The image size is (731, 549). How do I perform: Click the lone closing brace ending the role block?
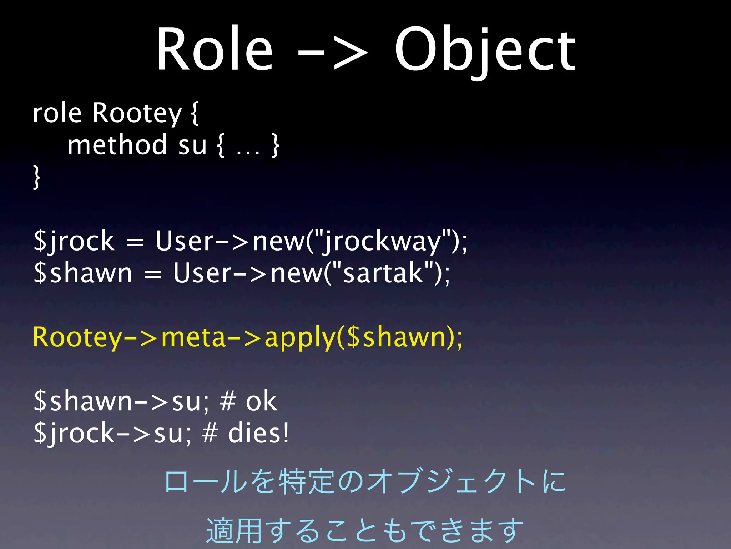tap(36, 177)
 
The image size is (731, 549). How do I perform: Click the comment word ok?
tap(261, 402)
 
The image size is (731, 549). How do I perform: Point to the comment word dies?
tap(258, 433)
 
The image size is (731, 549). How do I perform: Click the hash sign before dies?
tap(210, 433)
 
